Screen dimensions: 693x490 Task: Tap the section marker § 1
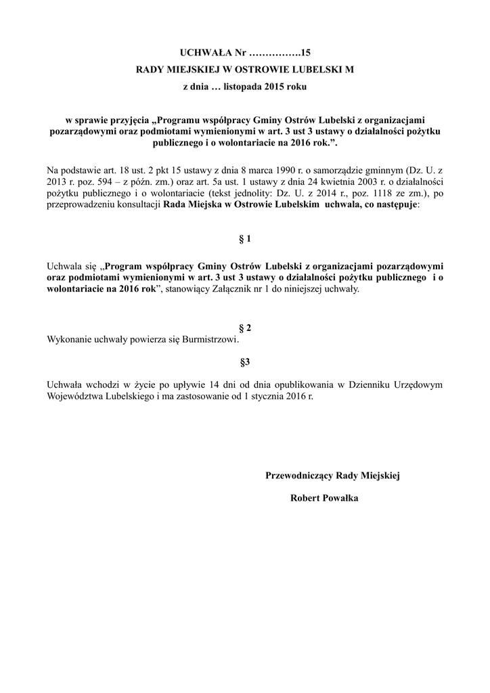[x=245, y=239]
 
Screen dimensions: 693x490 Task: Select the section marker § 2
[x=245, y=328]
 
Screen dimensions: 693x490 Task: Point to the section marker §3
[x=245, y=361]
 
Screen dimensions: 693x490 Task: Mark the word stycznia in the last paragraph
[x=271, y=396]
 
